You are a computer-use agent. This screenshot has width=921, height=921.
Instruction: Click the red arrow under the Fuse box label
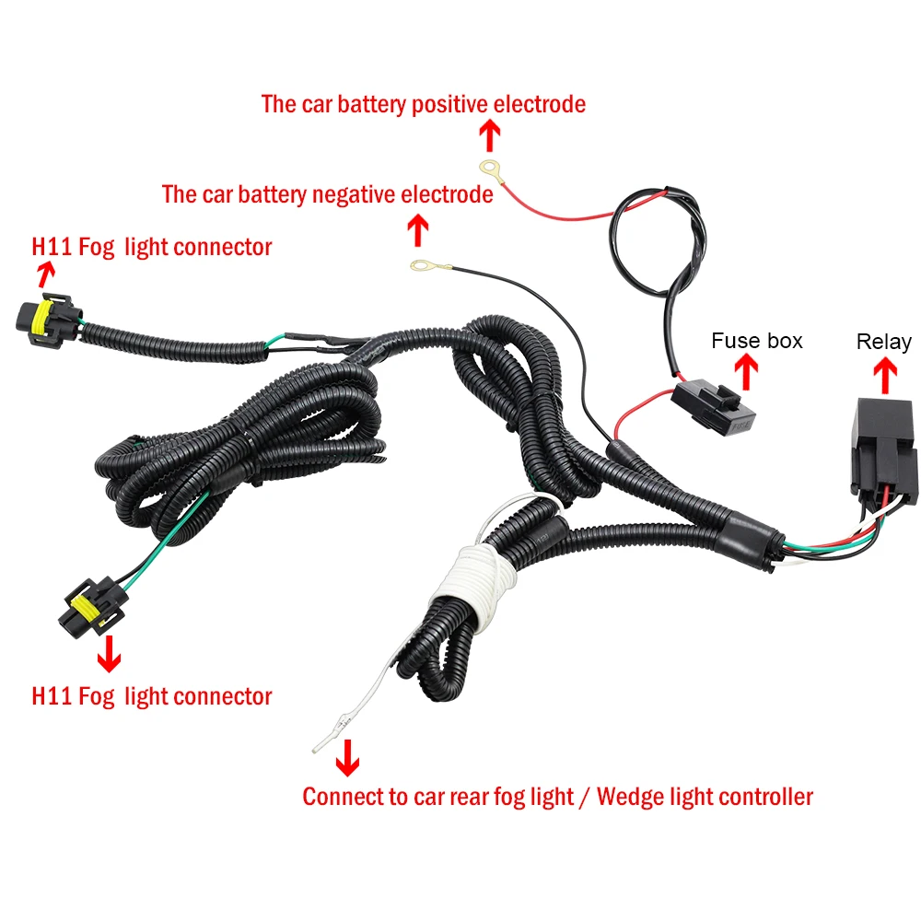(747, 371)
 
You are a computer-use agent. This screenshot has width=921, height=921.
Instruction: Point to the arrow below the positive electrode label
(489, 136)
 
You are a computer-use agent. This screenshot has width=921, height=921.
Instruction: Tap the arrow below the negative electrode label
(418, 228)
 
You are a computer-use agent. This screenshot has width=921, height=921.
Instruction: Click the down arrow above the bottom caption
(347, 759)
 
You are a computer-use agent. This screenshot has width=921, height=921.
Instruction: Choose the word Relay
(883, 342)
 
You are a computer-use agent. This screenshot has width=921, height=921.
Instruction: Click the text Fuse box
(756, 341)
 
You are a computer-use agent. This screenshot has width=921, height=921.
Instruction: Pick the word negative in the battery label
(355, 194)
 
